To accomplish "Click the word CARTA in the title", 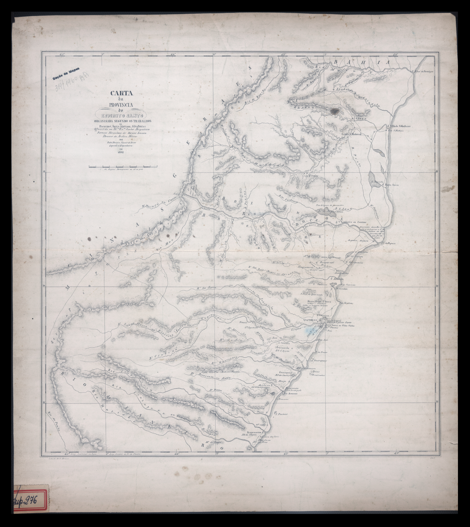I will point(121,93).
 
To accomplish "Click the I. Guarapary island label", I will point(319,361).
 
